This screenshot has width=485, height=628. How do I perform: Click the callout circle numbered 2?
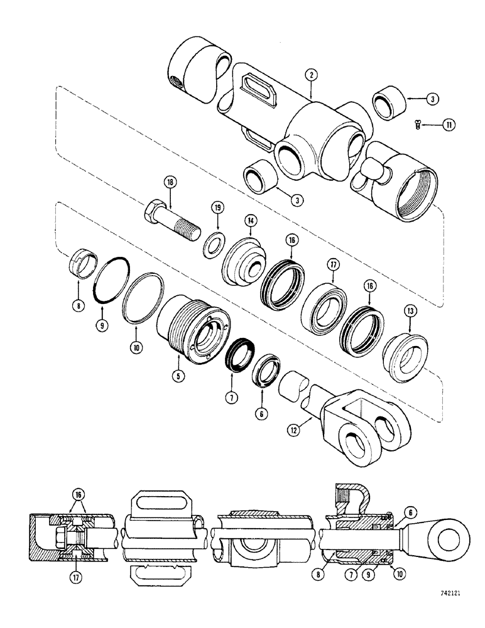pyautogui.click(x=310, y=75)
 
